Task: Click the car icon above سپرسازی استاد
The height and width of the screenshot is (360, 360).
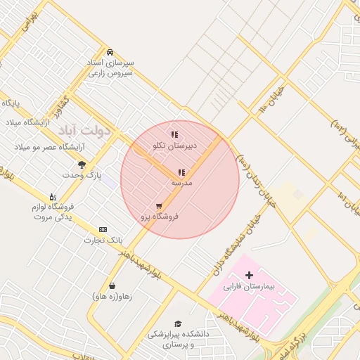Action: [110, 52]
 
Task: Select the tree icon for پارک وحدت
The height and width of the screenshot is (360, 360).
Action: [82, 165]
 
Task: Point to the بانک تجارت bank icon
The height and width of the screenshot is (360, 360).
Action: [103, 229]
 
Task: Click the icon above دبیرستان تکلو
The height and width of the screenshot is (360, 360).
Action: [174, 134]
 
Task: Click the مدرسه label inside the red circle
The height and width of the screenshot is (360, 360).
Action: [181, 182]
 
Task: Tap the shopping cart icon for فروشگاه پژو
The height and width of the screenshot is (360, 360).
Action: [160, 206]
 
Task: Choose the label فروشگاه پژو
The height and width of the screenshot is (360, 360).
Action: [160, 217]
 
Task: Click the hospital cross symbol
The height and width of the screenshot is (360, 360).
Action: [249, 275]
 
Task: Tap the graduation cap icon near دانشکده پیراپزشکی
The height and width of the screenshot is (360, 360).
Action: [178, 323]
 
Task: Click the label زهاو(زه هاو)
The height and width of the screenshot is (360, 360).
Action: [112, 296]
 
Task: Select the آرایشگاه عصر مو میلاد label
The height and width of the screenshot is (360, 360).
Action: [51, 147]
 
